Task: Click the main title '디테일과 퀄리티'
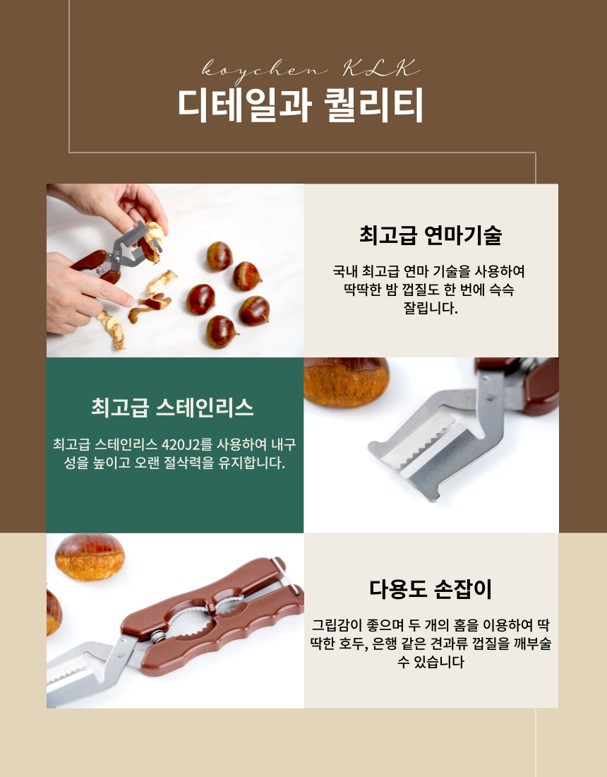coord(301,105)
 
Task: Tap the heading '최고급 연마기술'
coord(431,235)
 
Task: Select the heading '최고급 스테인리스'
coord(172,408)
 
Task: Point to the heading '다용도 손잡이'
coord(431,588)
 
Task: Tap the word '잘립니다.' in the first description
coord(431,308)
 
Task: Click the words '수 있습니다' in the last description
coord(431,662)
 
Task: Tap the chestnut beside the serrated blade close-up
coord(346,381)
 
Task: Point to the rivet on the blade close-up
coord(490,397)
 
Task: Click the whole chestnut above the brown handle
coord(90,557)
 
